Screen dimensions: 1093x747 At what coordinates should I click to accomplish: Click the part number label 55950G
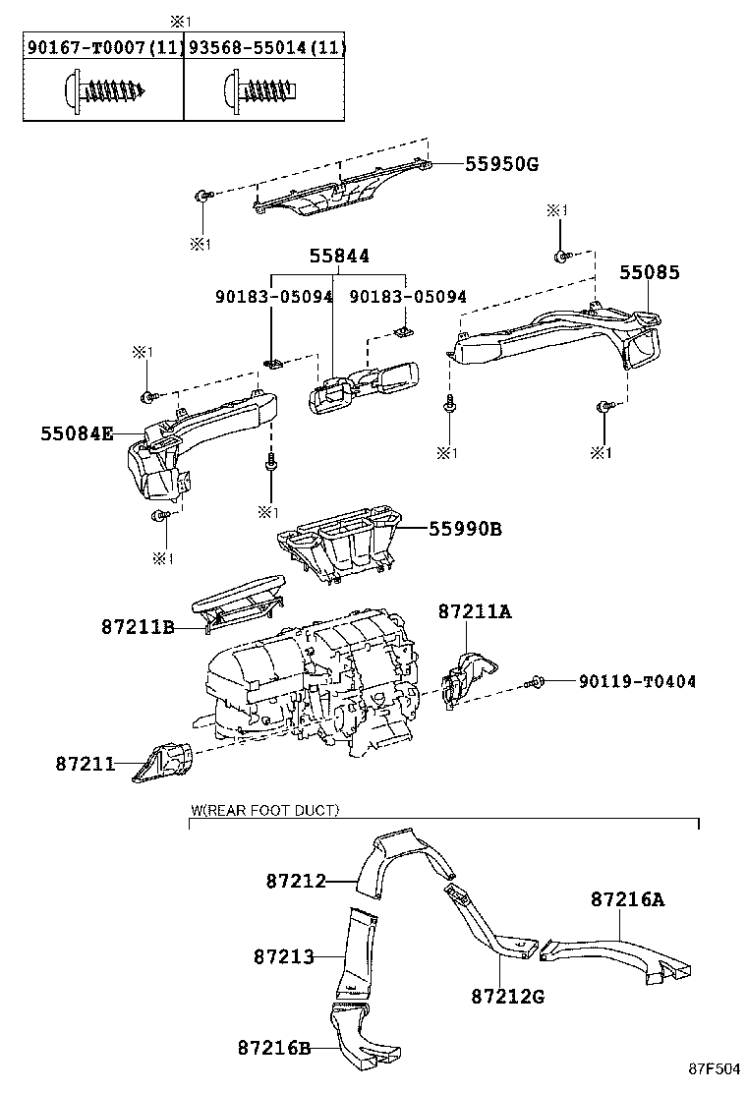click(x=501, y=164)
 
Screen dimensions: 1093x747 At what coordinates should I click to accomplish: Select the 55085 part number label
click(x=649, y=272)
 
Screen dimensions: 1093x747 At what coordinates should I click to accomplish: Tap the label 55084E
click(x=77, y=432)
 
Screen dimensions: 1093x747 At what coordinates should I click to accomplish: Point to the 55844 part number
click(x=339, y=256)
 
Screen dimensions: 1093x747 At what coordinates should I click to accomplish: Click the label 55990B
click(x=465, y=529)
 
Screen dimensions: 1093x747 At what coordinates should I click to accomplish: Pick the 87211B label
click(x=137, y=625)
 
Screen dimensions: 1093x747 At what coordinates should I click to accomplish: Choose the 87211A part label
click(x=476, y=611)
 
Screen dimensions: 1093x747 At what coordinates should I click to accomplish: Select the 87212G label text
click(x=507, y=996)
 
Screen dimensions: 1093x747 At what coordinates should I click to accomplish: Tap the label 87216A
click(x=627, y=898)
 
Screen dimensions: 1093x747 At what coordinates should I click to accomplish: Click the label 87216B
click(x=274, y=1048)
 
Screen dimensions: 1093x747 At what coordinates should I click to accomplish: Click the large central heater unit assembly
click(x=315, y=678)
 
